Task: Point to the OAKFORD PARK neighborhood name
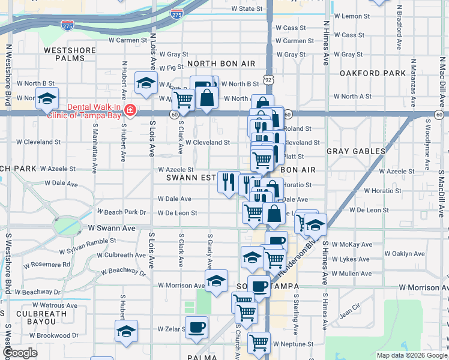tap(373, 73)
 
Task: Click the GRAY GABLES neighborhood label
tap(356, 152)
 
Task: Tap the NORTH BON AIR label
tap(221, 64)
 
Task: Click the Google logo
tap(20, 353)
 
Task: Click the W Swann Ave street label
tap(112, 229)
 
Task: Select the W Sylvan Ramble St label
tap(87, 244)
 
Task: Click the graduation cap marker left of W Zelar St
tap(126, 331)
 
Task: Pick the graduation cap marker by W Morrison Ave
tap(216, 281)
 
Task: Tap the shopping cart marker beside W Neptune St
tap(259, 343)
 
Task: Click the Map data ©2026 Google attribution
tap(411, 355)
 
